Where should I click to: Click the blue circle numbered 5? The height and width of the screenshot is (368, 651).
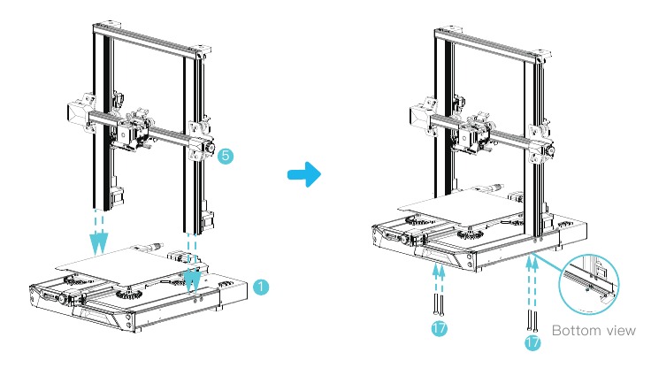pyautogui.click(x=226, y=156)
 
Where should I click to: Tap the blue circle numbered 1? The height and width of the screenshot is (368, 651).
pyautogui.click(x=260, y=287)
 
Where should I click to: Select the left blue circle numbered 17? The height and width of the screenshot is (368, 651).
pyautogui.click(x=438, y=328)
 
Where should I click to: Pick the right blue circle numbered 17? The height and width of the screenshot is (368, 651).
pyautogui.click(x=532, y=340)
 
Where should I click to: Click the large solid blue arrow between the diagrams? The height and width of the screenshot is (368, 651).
pyautogui.click(x=304, y=174)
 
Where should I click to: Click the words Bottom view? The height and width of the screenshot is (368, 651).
pyautogui.click(x=593, y=331)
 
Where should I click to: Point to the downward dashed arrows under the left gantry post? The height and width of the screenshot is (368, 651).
pyautogui.click(x=101, y=229)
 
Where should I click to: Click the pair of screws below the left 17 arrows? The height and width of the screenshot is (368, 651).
pyautogui.click(x=438, y=305)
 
